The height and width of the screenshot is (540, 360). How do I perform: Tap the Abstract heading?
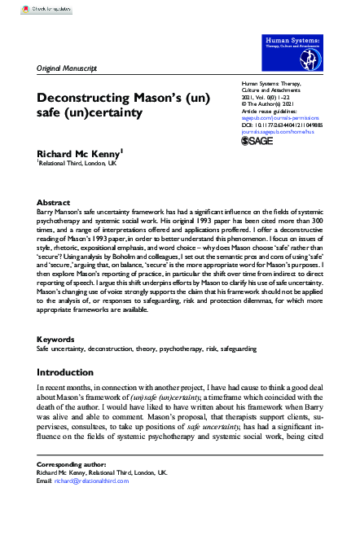pyautogui.click(x=54, y=202)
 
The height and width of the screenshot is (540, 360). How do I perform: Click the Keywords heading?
pyautogui.click(x=57, y=361)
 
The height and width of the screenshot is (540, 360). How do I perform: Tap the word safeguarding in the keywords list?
pyautogui.click(x=235, y=371)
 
